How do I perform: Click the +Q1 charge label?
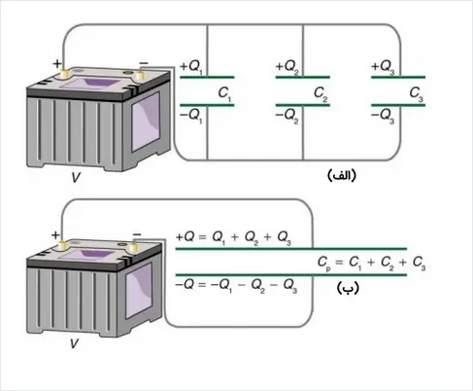click(191, 67)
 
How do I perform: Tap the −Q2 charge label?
click(287, 116)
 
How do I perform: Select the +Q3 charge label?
click(383, 67)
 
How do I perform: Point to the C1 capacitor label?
click(224, 93)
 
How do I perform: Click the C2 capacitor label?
click(321, 93)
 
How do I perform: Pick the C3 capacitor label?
click(417, 93)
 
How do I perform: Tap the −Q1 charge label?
click(191, 116)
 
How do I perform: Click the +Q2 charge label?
click(287, 67)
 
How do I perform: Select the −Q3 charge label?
click(383, 116)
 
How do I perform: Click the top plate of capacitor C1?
click(207, 77)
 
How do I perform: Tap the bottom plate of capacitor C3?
click(398, 105)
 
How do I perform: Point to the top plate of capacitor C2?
click(303, 77)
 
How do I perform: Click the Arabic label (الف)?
click(342, 175)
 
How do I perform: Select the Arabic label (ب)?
click(348, 288)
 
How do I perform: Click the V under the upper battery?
click(76, 177)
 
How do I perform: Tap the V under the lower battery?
click(74, 343)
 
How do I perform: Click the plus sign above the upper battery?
click(57, 63)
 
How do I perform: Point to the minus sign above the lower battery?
click(137, 234)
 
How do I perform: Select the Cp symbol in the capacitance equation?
click(324, 263)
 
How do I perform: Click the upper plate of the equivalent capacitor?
click(291, 249)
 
